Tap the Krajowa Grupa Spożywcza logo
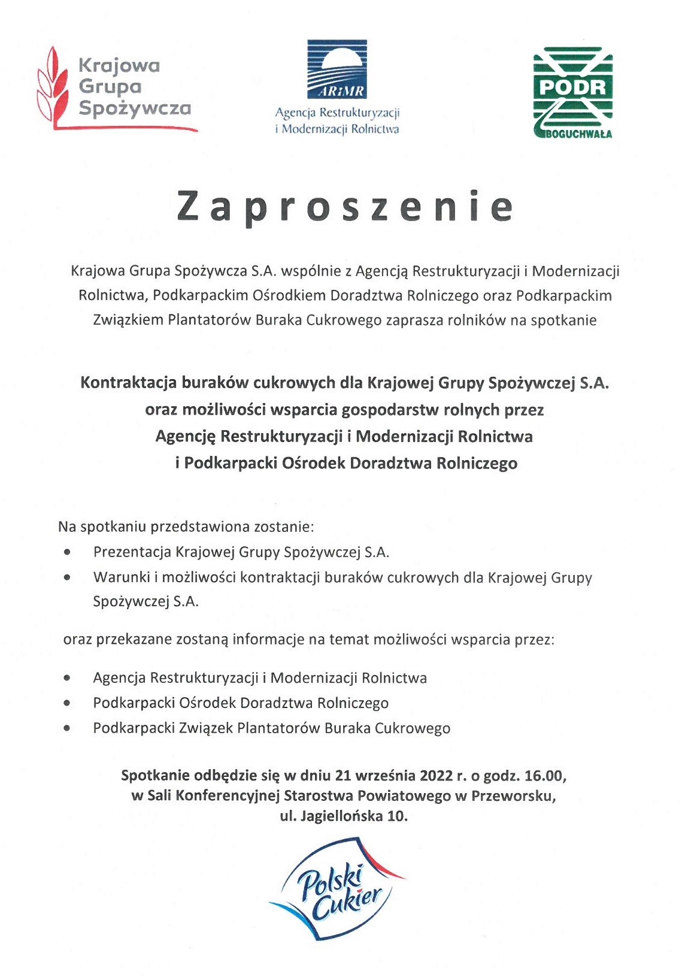pyautogui.click(x=117, y=87)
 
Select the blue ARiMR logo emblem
pyautogui.click(x=337, y=69)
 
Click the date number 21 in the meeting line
pyautogui.click(x=343, y=776)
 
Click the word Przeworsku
pyautogui.click(x=513, y=796)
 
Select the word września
pyautogui.click(x=385, y=776)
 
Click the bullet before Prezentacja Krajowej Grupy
pyautogui.click(x=69, y=552)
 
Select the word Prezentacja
pyautogui.click(x=132, y=552)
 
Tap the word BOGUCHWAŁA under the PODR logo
pyautogui.click(x=578, y=134)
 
